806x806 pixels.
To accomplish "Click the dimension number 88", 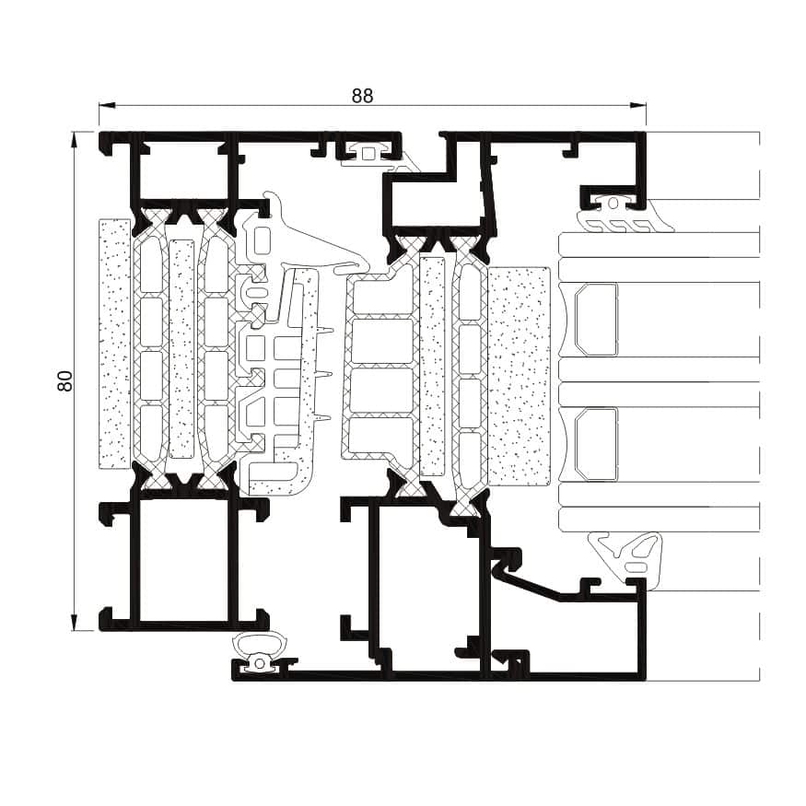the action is [362, 96].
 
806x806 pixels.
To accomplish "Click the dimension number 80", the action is [65, 381].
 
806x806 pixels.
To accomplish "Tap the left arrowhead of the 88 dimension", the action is [107, 105].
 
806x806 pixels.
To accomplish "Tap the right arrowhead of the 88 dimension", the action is [638, 105].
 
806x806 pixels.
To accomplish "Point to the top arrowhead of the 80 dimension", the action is [75, 140].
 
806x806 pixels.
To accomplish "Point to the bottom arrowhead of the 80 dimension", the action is [75, 623].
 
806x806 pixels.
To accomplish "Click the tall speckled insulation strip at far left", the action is [114, 344].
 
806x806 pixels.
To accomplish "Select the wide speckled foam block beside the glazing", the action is [519, 376].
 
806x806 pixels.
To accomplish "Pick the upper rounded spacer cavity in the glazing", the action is [596, 320].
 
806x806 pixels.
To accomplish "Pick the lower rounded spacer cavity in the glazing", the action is [596, 444].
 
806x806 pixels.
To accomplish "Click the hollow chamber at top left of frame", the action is [184, 170].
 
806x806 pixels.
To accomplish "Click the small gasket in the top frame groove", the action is [368, 153].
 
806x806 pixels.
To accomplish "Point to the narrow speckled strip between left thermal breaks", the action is [181, 349].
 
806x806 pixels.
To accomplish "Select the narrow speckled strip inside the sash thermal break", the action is [432, 366].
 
